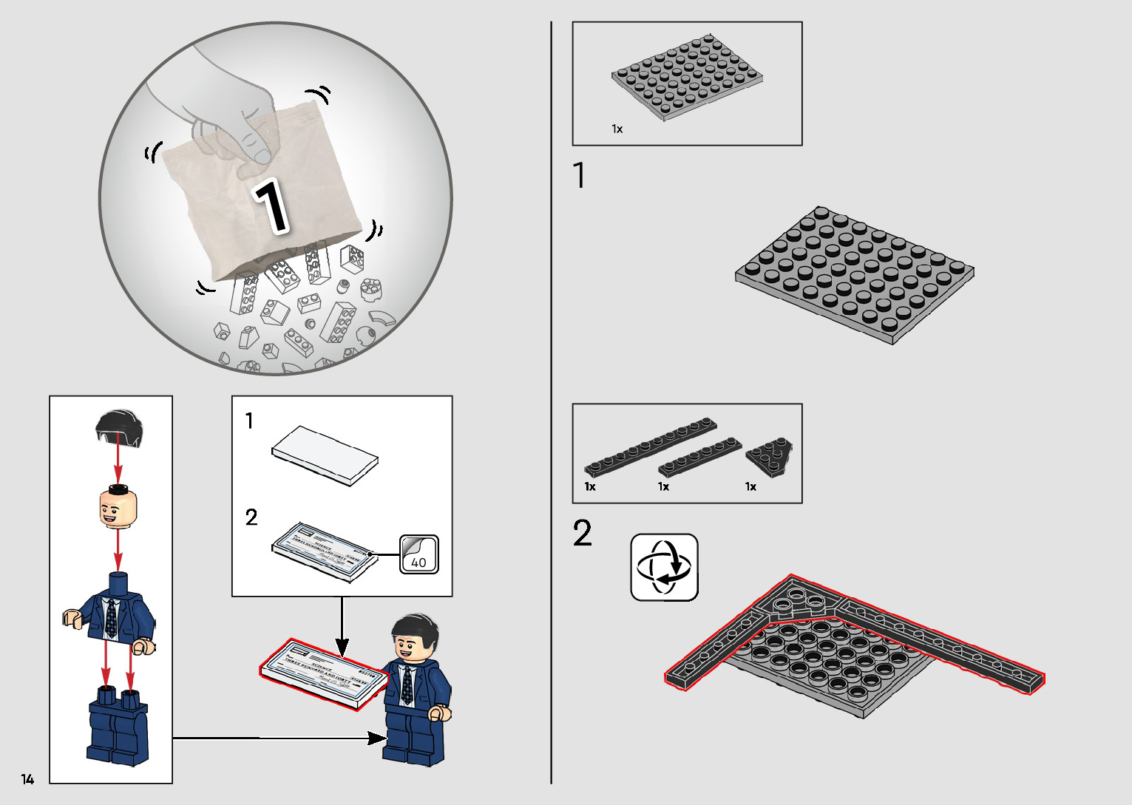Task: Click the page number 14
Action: point(27,779)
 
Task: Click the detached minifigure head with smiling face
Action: point(118,508)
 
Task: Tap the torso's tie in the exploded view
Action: point(111,618)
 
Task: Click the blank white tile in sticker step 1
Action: point(325,454)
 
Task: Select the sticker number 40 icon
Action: point(419,555)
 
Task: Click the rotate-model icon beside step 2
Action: point(664,567)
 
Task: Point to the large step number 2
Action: point(582,533)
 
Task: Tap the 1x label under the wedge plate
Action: point(750,486)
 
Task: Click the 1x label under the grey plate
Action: point(617,129)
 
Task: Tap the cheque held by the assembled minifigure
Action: point(323,673)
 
